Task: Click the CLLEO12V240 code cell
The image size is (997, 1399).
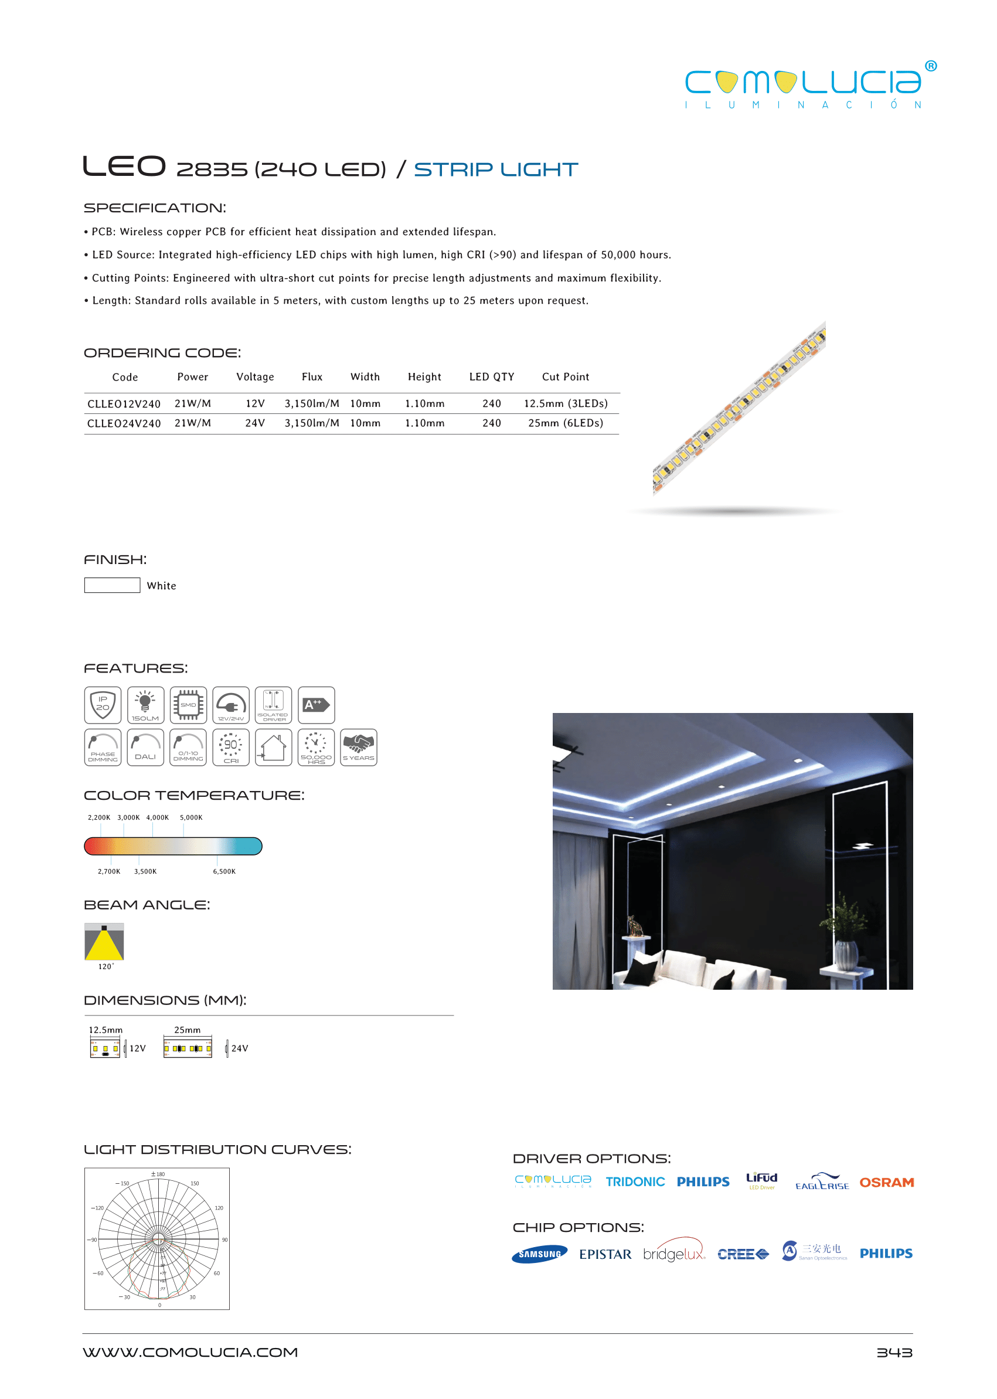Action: [124, 403]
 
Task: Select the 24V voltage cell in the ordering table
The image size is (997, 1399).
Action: [255, 423]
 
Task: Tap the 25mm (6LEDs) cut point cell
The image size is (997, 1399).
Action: [566, 423]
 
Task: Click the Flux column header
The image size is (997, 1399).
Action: [312, 377]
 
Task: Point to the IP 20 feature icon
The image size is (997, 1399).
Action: [103, 705]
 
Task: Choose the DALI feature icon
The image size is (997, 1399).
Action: [145, 748]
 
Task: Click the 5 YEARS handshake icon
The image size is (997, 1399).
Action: [359, 748]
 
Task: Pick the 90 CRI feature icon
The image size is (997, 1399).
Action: [231, 748]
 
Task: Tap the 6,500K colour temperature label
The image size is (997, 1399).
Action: [224, 871]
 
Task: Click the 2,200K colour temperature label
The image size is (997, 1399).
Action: [99, 817]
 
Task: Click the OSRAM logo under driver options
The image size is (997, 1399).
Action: [886, 1182]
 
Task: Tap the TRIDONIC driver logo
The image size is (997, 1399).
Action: [635, 1182]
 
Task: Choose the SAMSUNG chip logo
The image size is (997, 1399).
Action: [540, 1254]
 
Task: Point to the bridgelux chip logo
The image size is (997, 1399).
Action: [674, 1254]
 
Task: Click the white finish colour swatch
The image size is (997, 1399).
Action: [113, 585]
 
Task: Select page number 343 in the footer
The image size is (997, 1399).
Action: [894, 1352]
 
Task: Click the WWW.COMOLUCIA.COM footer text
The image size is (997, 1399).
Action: [190, 1352]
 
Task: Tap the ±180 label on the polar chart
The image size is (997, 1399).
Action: [158, 1174]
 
